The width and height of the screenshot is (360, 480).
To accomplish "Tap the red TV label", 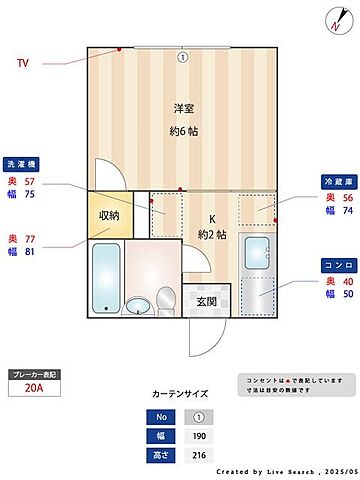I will tap(23, 63).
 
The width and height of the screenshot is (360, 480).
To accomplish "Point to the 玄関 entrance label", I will tap(207, 301).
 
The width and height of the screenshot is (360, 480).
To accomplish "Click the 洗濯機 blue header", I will tap(22, 163).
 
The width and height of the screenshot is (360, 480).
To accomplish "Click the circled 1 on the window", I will tap(182, 57).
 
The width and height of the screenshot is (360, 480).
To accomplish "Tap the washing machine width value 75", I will tap(28, 195).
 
